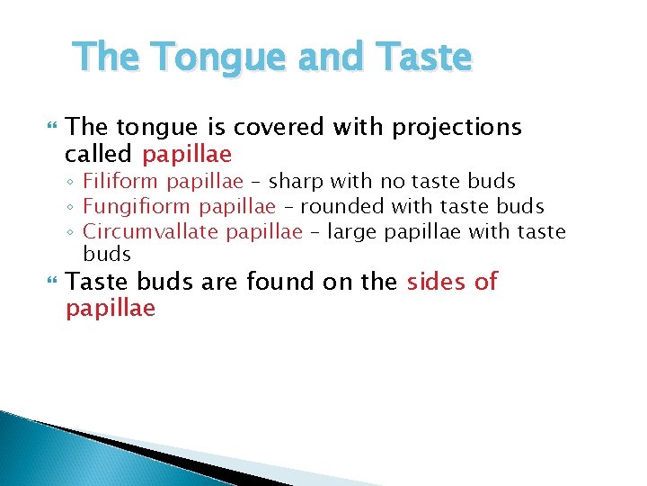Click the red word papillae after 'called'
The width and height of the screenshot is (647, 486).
click(x=187, y=154)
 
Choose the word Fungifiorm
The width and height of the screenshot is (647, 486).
click(x=137, y=207)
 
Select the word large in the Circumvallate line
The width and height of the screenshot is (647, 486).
click(x=352, y=232)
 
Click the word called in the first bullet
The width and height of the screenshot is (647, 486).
click(x=97, y=154)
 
